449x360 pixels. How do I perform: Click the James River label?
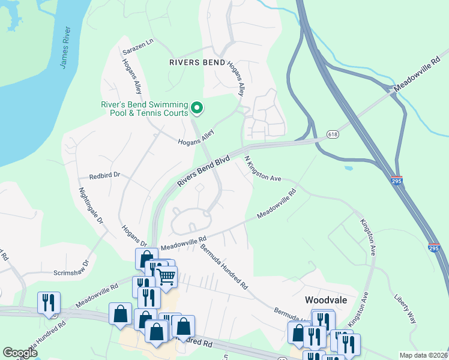pos(65,47)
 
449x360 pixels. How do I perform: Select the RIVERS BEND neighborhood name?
pos(197,62)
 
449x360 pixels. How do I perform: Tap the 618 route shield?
pos(334,134)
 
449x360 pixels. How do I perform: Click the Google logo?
pos(20,353)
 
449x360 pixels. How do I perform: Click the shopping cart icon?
pos(166,277)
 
